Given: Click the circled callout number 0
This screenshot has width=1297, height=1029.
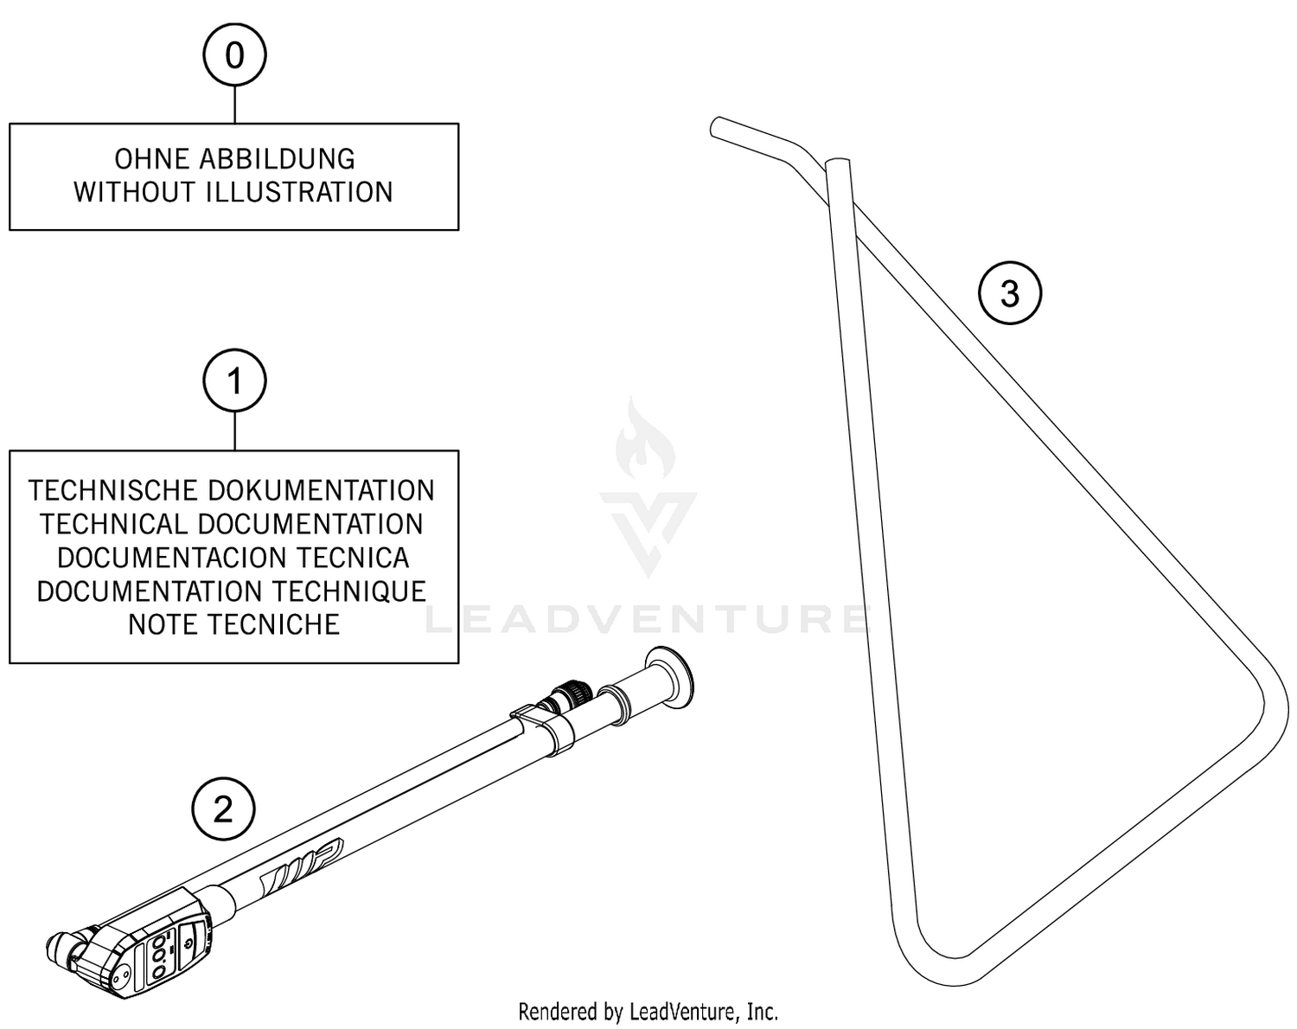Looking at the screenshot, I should coord(234,55).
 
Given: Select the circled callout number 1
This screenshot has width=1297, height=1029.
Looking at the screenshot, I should coord(234,380).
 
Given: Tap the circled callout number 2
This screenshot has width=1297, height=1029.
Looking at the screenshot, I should coord(223,810).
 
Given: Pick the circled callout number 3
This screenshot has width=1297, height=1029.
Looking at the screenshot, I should coord(1009,294).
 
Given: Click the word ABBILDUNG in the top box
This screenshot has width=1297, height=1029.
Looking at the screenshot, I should coord(277,159).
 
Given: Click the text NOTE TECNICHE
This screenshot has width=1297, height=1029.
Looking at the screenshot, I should coord(233,624).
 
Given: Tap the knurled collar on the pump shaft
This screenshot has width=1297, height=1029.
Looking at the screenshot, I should coord(570,694).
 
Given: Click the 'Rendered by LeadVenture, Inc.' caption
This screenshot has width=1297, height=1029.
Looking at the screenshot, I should coord(648,1011).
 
